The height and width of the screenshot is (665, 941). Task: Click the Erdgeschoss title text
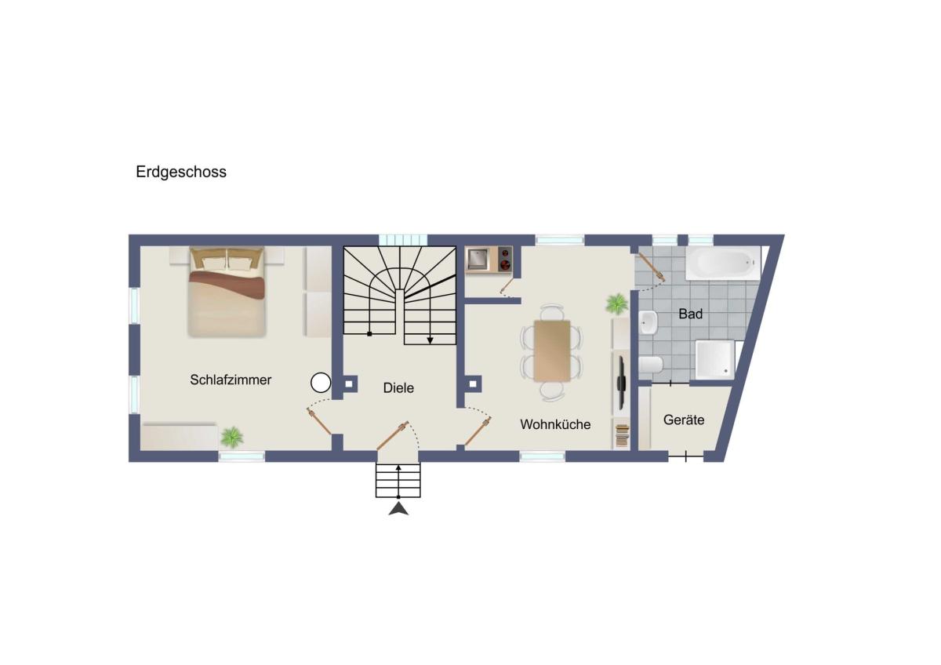point(181,173)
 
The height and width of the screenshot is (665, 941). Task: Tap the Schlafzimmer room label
point(231,380)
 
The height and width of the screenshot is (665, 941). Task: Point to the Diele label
point(398,387)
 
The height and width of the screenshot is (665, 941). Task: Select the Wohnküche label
point(555,424)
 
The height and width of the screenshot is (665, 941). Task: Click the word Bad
point(691,314)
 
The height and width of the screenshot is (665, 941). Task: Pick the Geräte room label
point(684,420)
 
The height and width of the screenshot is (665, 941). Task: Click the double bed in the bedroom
point(227,292)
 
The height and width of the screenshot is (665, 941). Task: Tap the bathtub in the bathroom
point(723,263)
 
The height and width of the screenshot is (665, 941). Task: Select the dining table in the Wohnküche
point(552,351)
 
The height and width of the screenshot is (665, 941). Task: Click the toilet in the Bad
point(651,365)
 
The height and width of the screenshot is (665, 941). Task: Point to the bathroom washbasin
point(649,322)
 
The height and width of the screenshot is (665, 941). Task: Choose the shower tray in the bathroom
point(715,360)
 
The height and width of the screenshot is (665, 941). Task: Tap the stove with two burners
point(505,259)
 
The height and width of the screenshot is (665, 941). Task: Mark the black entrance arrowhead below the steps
point(398,509)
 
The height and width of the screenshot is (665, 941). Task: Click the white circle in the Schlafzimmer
point(321,383)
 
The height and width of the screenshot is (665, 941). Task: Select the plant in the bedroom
point(232,437)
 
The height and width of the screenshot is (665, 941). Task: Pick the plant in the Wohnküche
point(616,303)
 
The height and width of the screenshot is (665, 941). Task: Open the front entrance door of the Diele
point(392,436)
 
